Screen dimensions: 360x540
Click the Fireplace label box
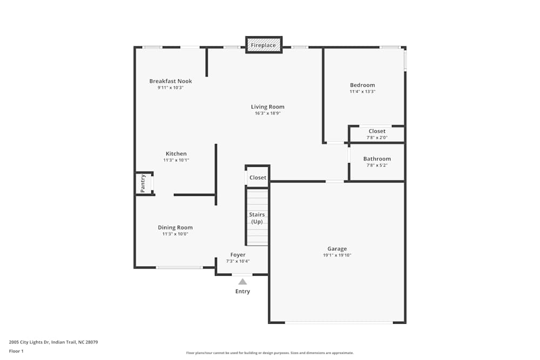264,45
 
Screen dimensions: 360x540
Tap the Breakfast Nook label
171,81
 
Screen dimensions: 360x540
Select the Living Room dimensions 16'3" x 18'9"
267,113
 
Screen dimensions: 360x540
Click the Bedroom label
362,85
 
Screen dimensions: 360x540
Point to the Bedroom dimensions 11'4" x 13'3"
362,92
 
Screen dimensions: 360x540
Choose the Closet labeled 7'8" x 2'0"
377,131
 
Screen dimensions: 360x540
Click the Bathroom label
377,159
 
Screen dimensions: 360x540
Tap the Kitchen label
176,154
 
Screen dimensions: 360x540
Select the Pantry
144,184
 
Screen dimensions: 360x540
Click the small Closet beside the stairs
258,178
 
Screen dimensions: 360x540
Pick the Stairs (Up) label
256,218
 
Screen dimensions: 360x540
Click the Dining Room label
175,228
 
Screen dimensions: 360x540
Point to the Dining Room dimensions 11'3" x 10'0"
175,234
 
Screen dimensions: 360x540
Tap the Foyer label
238,255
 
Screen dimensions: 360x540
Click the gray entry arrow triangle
243,281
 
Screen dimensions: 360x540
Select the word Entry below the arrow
242,291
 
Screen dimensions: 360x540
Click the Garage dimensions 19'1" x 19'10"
337,255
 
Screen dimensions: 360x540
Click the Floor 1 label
16,351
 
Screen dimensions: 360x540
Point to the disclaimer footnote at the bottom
270,353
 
